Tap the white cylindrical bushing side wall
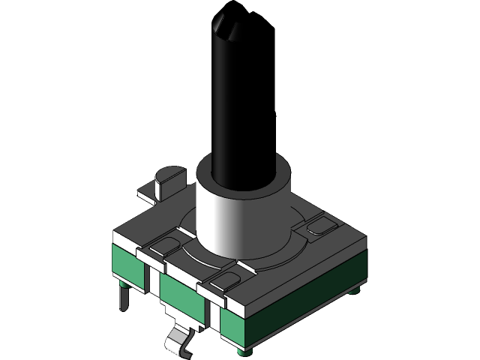pyautogui.click(x=225, y=217)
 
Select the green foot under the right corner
pyautogui.click(x=358, y=286)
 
